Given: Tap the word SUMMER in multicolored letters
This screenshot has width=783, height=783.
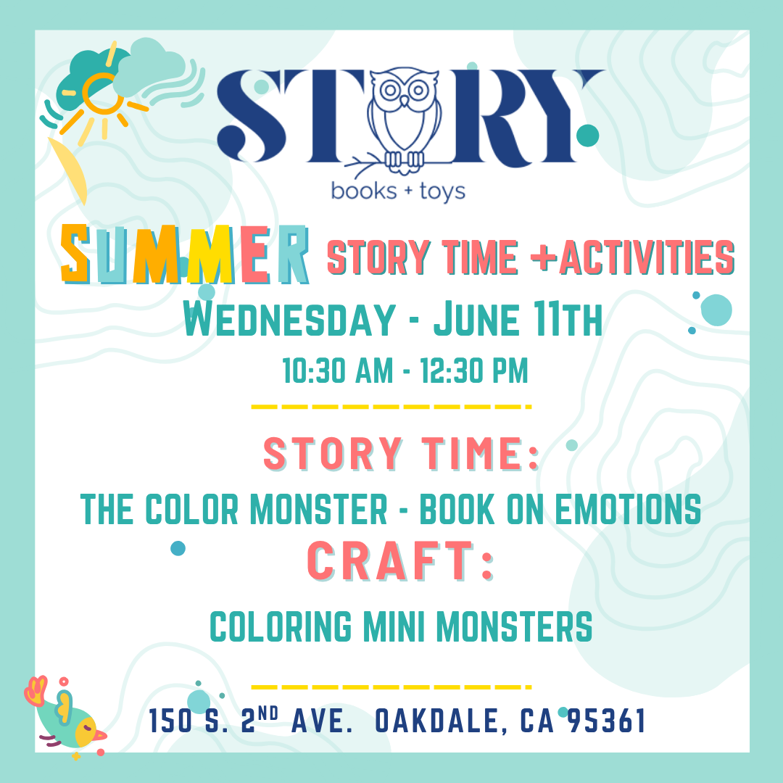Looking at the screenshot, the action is click(185, 255).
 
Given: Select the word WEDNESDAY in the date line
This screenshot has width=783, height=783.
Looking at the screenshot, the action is click(289, 320).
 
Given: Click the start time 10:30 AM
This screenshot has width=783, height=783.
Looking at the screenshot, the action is click(338, 370).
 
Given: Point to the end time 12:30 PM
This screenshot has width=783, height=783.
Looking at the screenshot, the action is click(474, 370).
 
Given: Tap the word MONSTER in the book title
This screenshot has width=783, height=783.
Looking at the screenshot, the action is click(318, 509).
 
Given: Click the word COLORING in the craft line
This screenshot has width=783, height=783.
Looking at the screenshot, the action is click(281, 626).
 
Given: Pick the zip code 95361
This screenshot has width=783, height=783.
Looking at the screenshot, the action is click(607, 721).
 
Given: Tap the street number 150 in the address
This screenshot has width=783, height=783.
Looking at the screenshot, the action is click(171, 721).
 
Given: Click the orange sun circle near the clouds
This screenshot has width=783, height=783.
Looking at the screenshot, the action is click(103, 93).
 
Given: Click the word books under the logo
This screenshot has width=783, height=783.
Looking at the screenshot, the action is click(364, 191).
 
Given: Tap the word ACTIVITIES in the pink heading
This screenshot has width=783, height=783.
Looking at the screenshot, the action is click(647, 257).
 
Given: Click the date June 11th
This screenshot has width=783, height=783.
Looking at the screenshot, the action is click(518, 320).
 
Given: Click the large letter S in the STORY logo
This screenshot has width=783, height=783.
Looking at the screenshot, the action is click(252, 116).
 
